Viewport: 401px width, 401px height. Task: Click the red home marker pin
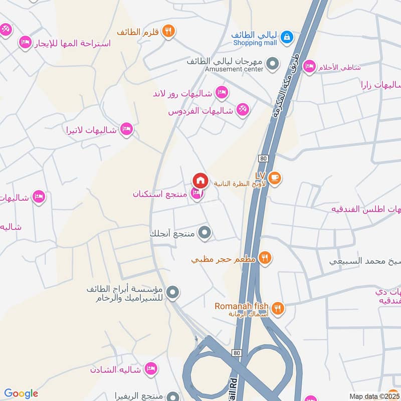(200, 180)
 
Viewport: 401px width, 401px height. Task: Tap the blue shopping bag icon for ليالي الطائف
(286, 36)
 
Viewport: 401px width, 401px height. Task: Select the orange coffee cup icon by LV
(274, 177)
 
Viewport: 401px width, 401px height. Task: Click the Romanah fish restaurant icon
(278, 307)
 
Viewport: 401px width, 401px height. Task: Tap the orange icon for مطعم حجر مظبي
(266, 259)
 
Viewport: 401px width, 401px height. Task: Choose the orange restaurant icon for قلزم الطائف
(168, 31)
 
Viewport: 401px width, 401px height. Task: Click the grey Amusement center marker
(272, 64)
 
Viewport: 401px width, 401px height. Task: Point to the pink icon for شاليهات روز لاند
(222, 92)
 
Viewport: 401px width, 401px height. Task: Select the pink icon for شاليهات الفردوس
(243, 109)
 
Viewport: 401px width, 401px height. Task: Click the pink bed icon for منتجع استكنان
(197, 194)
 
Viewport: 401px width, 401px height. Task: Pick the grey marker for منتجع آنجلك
(205, 233)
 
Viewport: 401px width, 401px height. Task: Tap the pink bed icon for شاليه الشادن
(149, 369)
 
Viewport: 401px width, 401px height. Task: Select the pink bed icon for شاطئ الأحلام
(310, 67)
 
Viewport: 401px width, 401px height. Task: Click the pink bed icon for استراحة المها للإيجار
(25, 43)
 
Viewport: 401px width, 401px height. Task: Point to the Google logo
(21, 393)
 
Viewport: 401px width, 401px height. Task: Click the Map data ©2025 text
(373, 396)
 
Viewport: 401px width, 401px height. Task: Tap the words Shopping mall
(255, 43)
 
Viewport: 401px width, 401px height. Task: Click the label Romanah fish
(242, 306)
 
